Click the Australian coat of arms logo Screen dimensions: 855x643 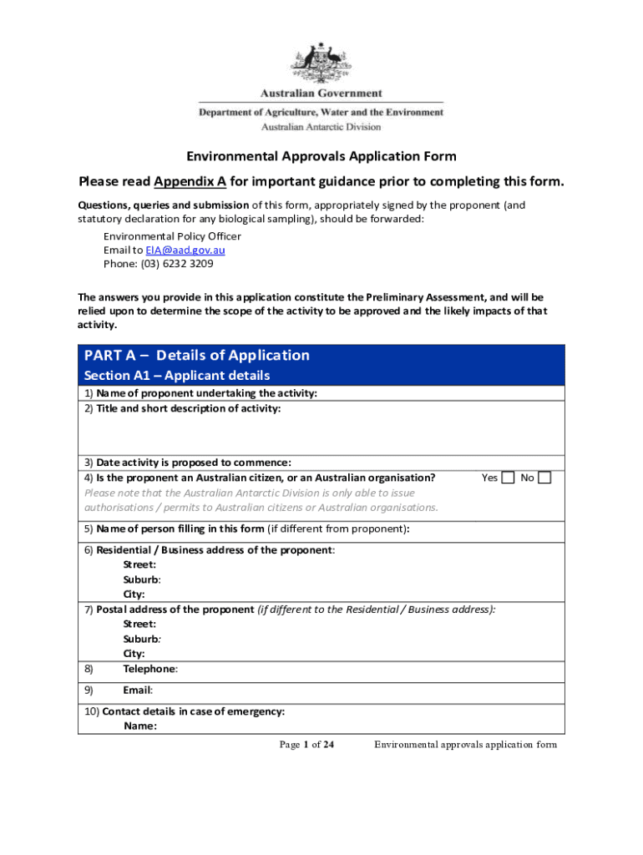tap(321, 62)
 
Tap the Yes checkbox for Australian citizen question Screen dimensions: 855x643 tap(508, 478)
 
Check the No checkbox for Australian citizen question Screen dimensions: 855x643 tap(544, 478)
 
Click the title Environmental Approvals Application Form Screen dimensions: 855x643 tap(321, 156)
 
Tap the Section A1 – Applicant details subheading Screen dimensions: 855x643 tap(176, 376)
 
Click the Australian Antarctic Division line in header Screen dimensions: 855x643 tap(321, 127)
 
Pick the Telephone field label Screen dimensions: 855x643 tap(150, 669)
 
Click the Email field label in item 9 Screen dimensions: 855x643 tap(138, 691)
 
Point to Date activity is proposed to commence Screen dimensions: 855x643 tap(205, 463)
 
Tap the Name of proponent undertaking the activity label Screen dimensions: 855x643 tap(206, 393)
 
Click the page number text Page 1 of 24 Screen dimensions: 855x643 tap(306, 745)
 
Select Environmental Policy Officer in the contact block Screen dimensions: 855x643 tap(172, 236)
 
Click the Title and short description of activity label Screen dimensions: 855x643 tap(189, 408)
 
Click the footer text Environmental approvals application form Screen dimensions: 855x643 tap(465, 745)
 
